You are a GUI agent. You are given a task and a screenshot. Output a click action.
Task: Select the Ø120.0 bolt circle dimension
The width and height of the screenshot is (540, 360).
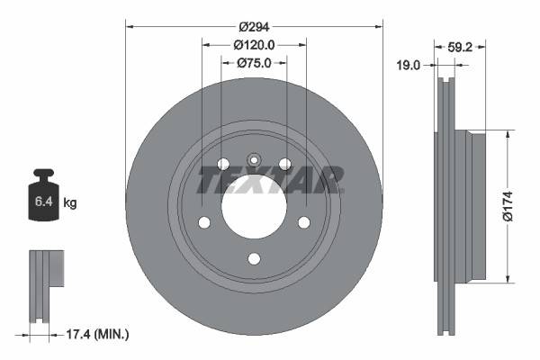(254, 44)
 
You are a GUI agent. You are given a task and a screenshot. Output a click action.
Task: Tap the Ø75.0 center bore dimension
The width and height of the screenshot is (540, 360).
(255, 63)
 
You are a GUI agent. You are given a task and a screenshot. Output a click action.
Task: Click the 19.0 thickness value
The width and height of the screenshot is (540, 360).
(410, 64)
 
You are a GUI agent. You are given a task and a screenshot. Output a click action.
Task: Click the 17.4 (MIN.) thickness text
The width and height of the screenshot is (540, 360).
(100, 335)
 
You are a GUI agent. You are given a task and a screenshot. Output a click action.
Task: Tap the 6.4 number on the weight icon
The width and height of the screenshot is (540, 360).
(42, 203)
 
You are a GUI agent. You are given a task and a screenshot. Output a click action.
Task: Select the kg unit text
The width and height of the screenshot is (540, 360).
(69, 203)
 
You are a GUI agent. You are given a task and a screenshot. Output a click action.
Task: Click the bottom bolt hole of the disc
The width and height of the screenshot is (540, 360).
(254, 259)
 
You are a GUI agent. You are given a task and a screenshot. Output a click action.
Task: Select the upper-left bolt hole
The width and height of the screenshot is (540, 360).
(223, 164)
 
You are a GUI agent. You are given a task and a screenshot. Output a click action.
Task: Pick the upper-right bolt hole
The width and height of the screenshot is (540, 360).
(284, 164)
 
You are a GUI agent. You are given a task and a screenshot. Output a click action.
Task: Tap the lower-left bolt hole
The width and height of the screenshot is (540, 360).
(204, 222)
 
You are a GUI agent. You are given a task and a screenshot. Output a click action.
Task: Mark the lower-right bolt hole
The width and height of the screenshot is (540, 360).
(303, 222)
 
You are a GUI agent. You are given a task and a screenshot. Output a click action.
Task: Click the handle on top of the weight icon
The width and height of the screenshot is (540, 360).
(42, 175)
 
